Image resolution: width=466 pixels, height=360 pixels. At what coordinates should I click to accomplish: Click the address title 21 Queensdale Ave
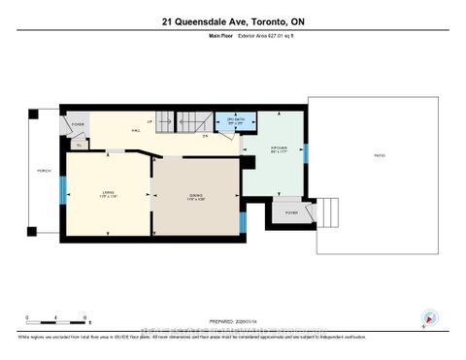pos(232,22)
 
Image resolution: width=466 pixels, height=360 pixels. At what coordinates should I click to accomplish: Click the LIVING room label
pos(108,193)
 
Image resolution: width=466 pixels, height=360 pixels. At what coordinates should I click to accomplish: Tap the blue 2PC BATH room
pos(235,122)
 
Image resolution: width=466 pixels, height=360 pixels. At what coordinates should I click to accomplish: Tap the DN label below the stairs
pos(206,136)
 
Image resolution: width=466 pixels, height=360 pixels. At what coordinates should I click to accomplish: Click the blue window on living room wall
pos(63,190)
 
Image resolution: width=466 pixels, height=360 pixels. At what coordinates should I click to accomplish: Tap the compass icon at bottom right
pos(429,318)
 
